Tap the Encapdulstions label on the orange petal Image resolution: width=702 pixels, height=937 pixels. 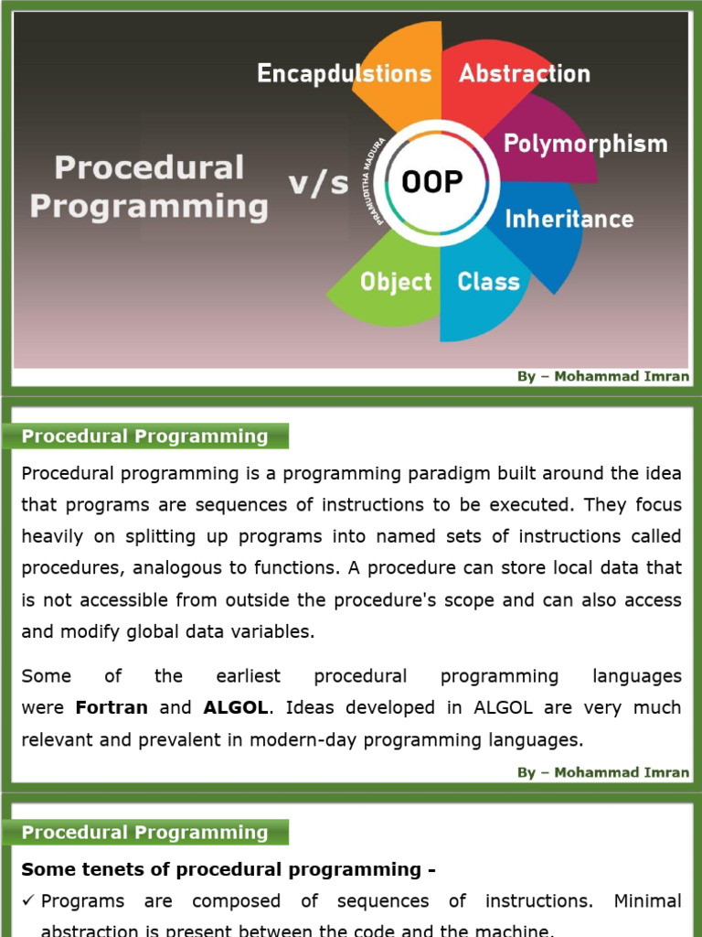coord(344,74)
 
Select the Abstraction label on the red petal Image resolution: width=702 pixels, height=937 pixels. coord(524,73)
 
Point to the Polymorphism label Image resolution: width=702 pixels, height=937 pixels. coord(585,144)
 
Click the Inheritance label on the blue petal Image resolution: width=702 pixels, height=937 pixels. coord(569,219)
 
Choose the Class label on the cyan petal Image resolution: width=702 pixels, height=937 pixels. coord(488,281)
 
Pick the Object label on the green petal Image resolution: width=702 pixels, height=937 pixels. coord(395,281)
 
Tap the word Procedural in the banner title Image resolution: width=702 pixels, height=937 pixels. coord(149,167)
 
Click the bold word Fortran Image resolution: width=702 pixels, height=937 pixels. coord(112,707)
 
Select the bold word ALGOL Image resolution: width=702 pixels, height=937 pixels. coord(237,707)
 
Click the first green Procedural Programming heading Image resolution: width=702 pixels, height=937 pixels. coord(144,436)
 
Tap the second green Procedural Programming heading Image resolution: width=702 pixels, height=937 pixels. coord(144,832)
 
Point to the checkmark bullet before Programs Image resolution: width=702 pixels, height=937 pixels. coord(28,901)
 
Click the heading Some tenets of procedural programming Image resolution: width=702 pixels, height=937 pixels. coord(228,869)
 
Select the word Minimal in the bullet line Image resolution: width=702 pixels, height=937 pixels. coord(647,901)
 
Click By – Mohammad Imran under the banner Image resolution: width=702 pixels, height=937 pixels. coord(603,376)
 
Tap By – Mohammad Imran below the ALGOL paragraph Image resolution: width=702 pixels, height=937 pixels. coord(603,772)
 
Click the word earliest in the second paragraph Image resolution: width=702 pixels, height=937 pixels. coord(248,676)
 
